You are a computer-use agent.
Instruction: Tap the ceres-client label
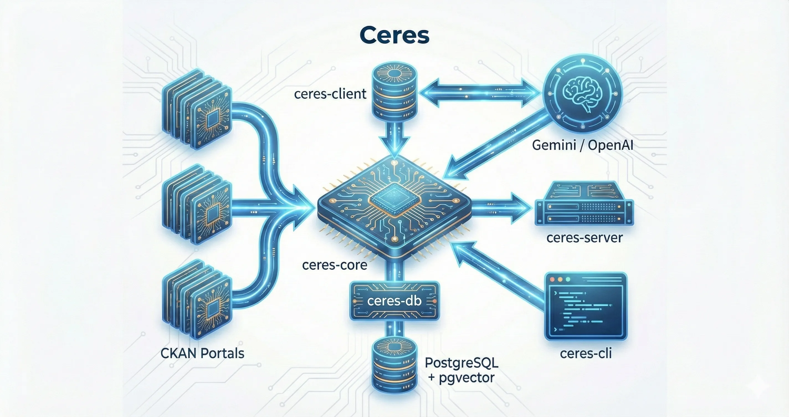[330, 94]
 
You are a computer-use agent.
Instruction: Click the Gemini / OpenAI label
[583, 145]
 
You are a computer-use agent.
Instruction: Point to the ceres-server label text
[584, 238]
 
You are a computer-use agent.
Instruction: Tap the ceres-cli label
[586, 354]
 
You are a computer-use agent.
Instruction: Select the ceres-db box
[394, 301]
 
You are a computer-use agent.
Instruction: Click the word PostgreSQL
[462, 363]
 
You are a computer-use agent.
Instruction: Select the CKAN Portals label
[202, 354]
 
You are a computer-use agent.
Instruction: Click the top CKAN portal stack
[197, 109]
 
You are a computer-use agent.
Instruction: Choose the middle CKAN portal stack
[197, 204]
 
